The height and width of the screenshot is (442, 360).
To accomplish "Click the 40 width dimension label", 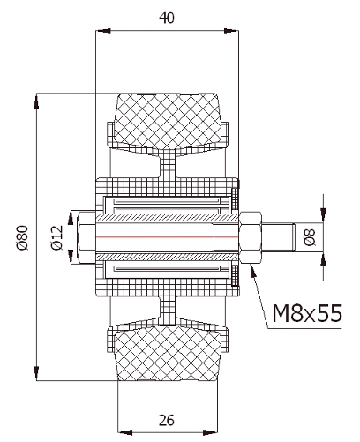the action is tap(167, 18).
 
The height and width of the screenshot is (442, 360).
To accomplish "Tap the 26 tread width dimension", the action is tap(167, 420).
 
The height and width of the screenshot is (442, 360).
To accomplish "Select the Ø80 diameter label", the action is tap(23, 237).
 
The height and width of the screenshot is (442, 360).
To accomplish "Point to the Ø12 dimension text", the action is tap(57, 237).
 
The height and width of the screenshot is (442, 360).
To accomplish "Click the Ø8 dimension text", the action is tap(310, 237).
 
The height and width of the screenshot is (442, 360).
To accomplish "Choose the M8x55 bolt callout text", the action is tap(307, 313).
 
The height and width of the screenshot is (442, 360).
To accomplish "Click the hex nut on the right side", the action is tap(251, 237).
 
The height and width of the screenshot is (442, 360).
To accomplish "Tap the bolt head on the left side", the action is tap(86, 237).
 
